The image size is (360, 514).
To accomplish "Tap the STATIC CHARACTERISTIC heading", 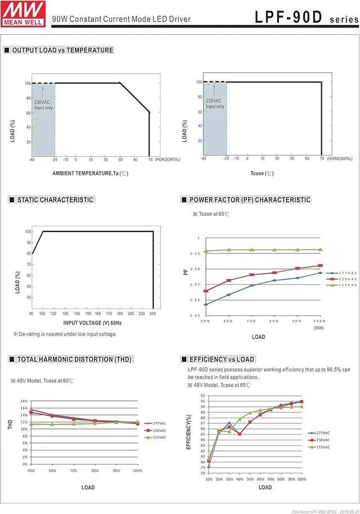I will [55, 200].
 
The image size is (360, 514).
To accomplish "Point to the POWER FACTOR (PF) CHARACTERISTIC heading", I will [250, 200].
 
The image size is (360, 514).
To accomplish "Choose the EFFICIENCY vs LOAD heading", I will [222, 359].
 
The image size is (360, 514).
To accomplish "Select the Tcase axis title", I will [262, 173].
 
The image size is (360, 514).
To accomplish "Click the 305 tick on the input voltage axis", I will [152, 313].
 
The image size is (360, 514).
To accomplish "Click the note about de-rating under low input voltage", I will [65, 334].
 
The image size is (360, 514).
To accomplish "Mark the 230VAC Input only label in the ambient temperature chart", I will [43, 105].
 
